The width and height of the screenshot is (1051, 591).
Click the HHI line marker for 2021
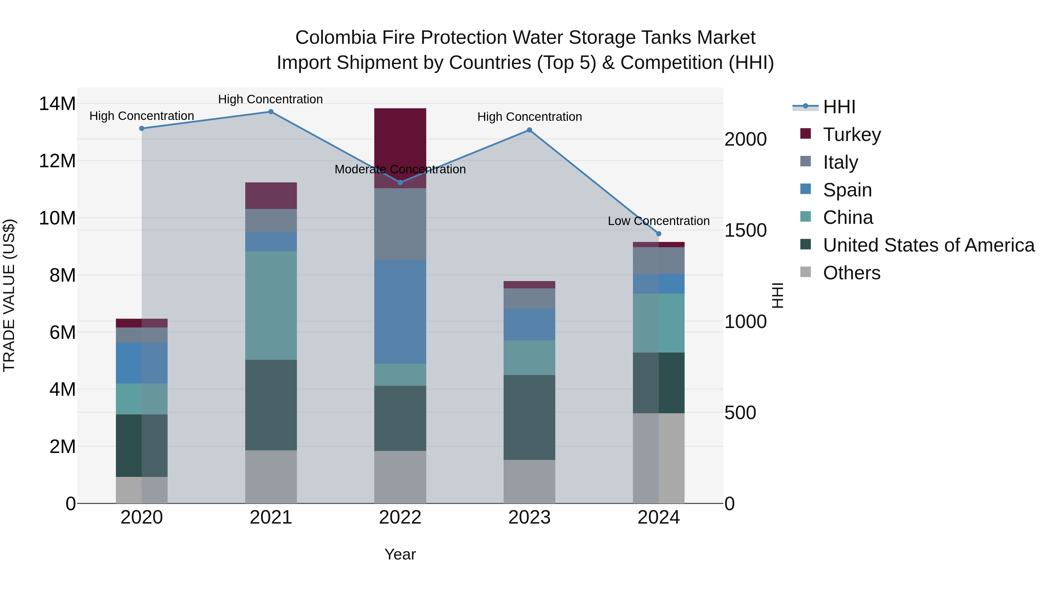click(271, 112)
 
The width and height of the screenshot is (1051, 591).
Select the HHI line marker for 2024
click(659, 234)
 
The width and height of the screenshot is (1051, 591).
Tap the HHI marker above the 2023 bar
click(529, 130)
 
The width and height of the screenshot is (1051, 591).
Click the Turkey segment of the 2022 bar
click(400, 139)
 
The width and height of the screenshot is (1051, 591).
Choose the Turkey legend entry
click(852, 135)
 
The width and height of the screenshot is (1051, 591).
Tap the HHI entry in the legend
click(839, 107)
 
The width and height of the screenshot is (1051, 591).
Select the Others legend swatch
click(805, 272)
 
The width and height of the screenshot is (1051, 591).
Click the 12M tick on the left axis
click(57, 161)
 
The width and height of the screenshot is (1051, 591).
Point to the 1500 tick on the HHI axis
click(745, 231)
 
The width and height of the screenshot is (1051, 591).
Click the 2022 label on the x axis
click(400, 517)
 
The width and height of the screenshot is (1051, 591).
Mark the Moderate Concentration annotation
click(400, 169)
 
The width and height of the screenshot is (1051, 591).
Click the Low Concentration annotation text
click(659, 221)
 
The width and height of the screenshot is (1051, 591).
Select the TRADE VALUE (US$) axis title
click(9, 295)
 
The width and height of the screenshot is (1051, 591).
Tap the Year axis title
click(400, 554)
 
